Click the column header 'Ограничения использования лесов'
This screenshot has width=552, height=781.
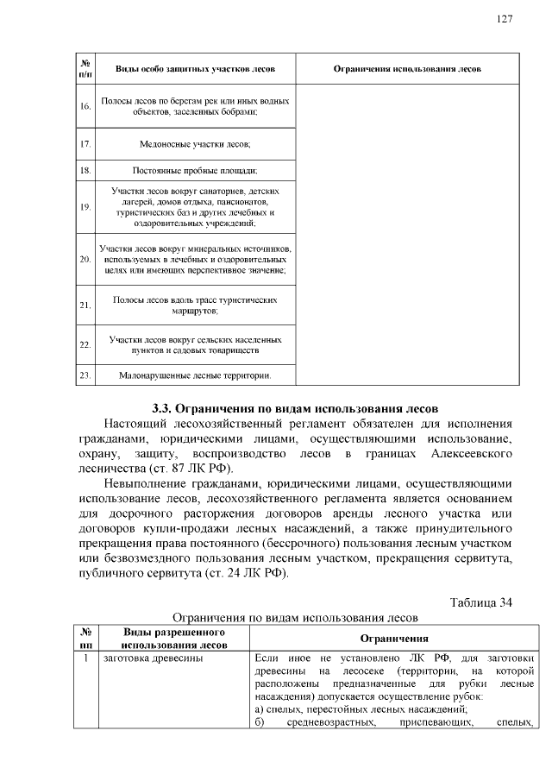(407, 68)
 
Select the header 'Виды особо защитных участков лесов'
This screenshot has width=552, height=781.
(195, 68)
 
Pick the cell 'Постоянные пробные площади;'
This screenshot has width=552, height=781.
(195, 171)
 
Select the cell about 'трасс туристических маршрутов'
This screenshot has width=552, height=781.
(195, 305)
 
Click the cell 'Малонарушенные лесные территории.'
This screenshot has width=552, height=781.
(195, 375)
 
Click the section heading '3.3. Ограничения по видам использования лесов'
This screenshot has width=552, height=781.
(296, 407)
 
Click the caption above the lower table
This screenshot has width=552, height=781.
(296, 618)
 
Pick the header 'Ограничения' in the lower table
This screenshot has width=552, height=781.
(394, 638)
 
